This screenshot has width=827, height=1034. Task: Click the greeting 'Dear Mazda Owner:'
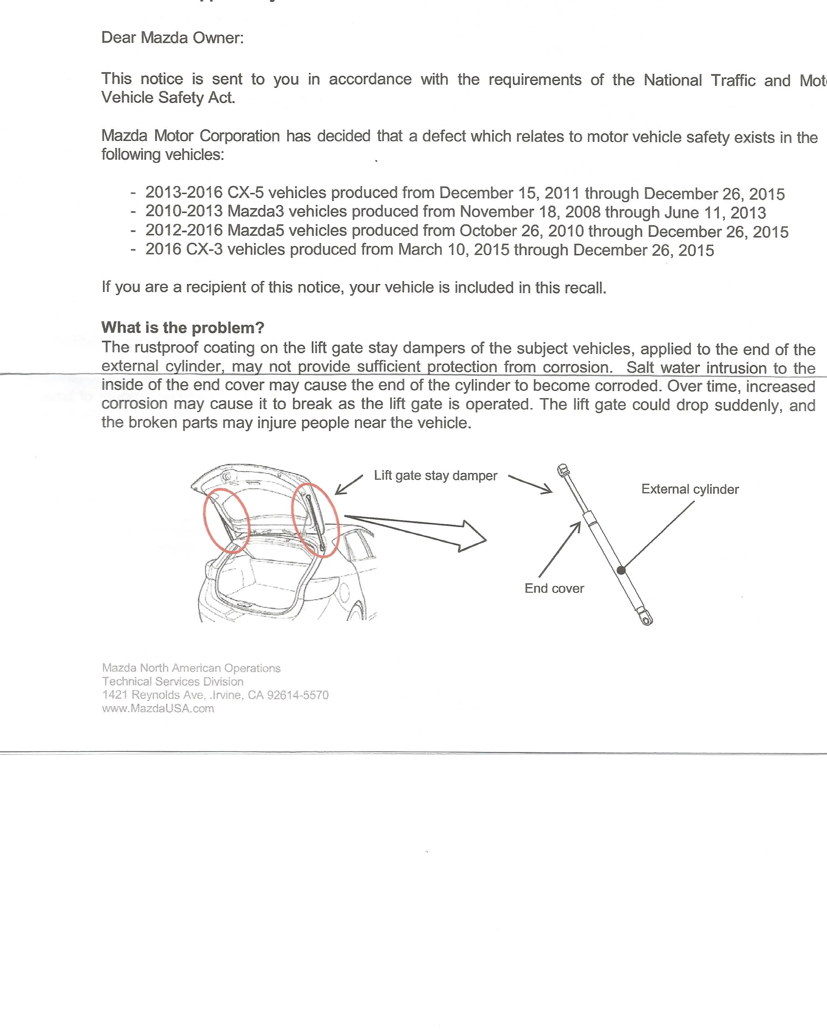[172, 38]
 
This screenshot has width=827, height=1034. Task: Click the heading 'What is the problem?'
[183, 327]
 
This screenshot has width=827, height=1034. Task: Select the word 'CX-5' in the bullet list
[245, 192]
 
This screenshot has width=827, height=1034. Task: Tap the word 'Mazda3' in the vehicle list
[256, 211]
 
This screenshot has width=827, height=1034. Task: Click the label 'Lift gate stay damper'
[435, 475]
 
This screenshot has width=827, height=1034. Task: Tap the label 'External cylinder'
[690, 489]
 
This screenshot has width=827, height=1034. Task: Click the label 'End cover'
[554, 588]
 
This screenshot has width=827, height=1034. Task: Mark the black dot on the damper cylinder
[621, 570]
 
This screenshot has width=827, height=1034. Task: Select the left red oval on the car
[226, 521]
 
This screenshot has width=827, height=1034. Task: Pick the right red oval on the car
[315, 520]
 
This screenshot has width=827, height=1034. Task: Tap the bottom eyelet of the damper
[647, 621]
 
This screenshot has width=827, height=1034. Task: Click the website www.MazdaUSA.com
[158, 708]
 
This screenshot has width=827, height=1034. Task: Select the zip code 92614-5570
[297, 695]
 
